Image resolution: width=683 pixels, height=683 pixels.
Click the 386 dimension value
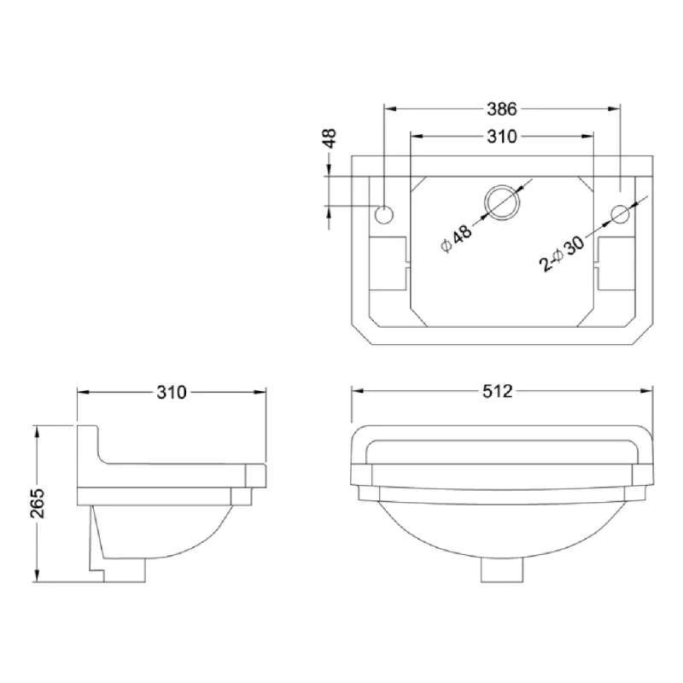pos(502,109)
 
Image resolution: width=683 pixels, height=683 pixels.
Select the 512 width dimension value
pos(498,391)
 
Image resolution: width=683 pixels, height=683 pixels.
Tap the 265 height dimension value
pos(38,503)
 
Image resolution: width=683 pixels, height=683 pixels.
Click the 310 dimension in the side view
pos(172,393)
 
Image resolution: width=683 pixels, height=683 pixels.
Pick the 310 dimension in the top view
pos(502,137)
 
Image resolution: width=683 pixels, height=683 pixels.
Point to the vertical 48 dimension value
pos(330,138)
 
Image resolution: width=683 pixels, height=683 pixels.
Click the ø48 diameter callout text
pos(456,239)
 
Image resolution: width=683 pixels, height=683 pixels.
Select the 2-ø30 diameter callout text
pos(562,254)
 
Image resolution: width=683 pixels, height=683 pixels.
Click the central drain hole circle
pos(502,202)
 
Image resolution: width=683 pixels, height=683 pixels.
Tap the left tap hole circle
pos(383,215)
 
